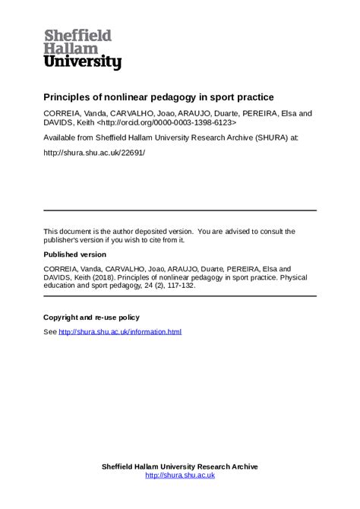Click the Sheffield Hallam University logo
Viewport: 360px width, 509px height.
click(x=82, y=49)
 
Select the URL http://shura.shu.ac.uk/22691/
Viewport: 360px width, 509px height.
click(x=94, y=153)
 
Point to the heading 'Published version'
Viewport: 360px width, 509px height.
click(x=74, y=254)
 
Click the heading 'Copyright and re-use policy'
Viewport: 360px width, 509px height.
click(x=91, y=318)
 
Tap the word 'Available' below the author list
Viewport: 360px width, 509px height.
click(x=60, y=138)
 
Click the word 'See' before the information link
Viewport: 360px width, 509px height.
click(x=50, y=332)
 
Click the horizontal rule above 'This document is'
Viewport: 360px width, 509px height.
click(x=180, y=210)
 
